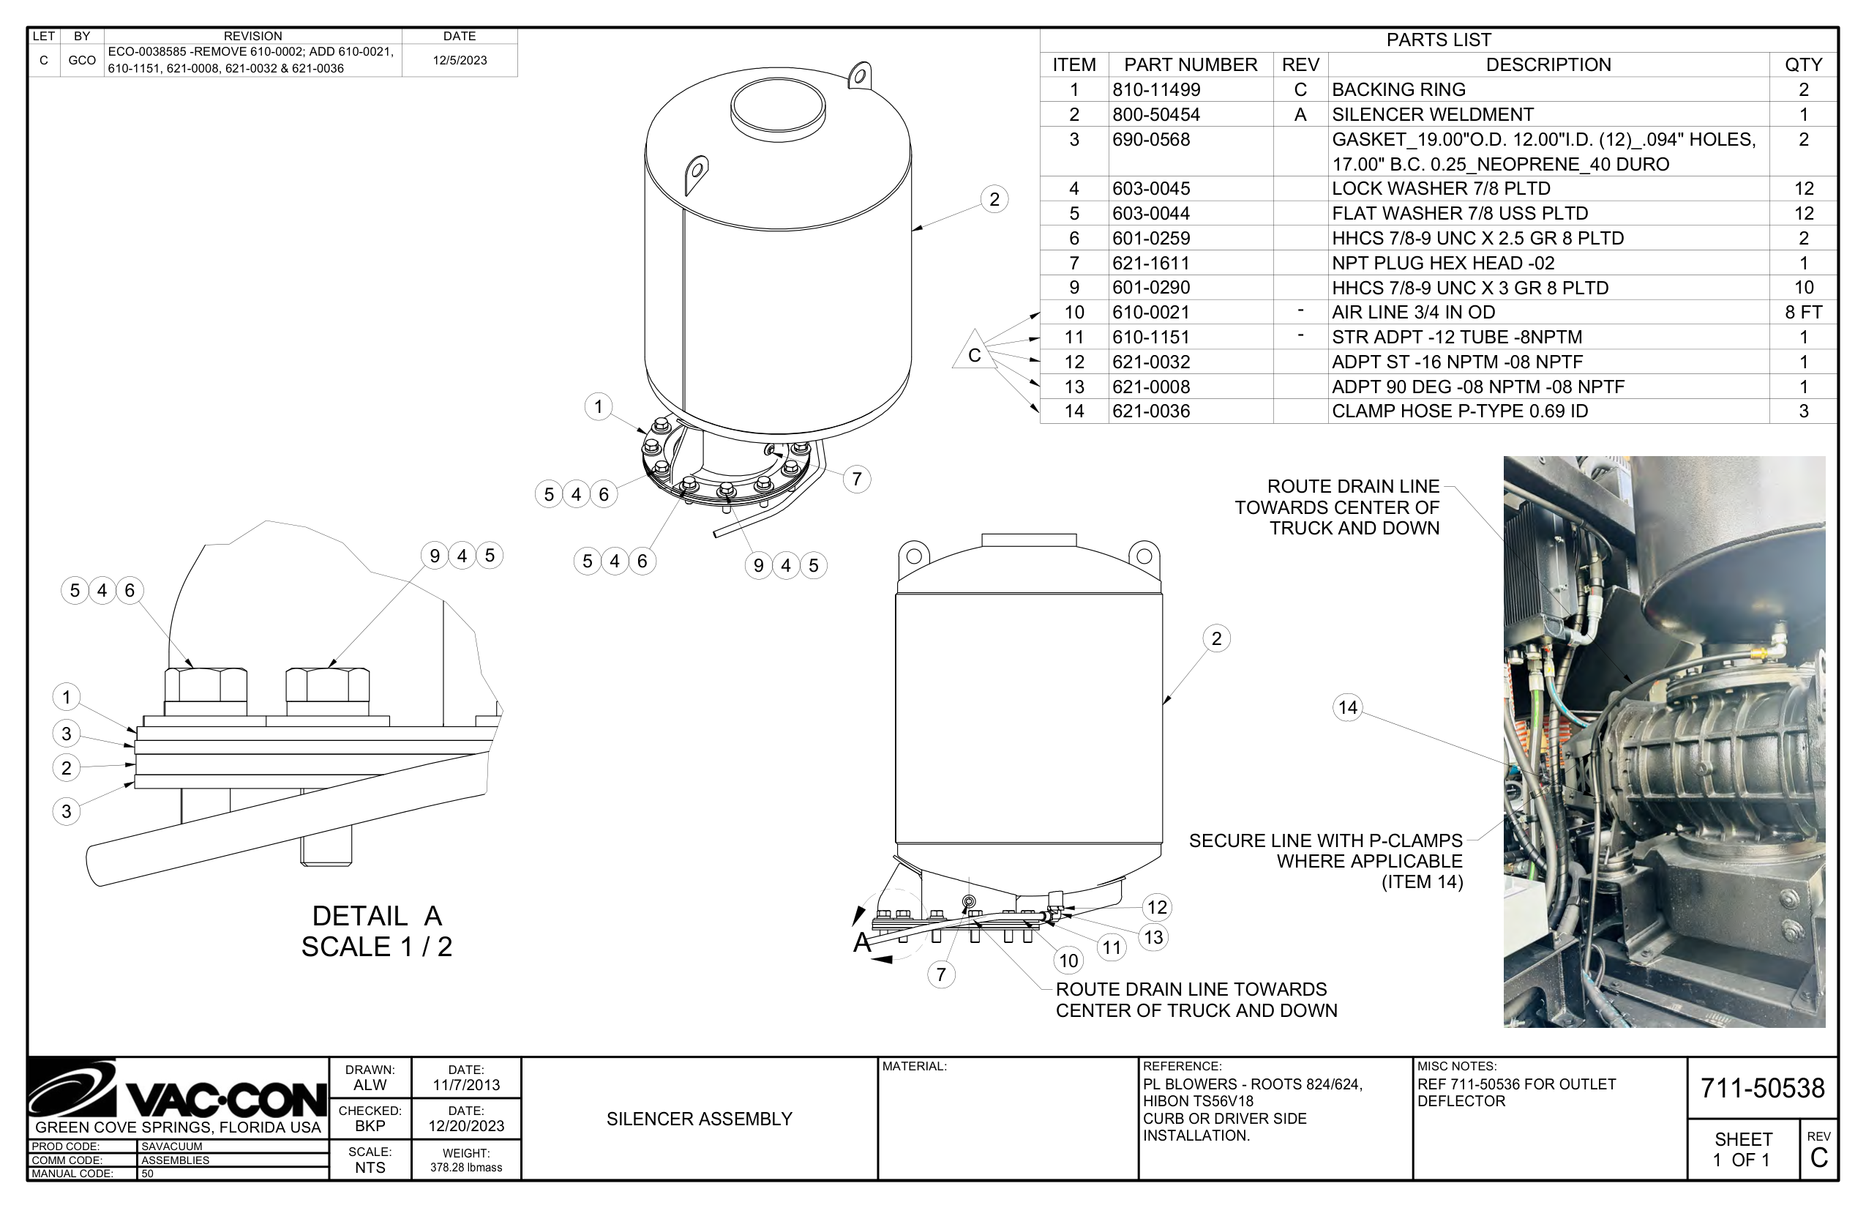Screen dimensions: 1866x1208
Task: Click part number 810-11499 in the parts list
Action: pos(1156,89)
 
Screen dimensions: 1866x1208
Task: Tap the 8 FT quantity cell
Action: pos(1803,312)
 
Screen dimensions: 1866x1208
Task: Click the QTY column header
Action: pos(1803,64)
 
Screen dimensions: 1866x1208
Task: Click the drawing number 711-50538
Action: pos(1763,1088)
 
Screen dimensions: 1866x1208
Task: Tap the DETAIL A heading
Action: pos(377,915)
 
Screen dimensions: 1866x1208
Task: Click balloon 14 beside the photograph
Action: pos(1348,707)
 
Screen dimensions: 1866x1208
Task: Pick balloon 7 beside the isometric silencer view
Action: pos(857,480)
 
